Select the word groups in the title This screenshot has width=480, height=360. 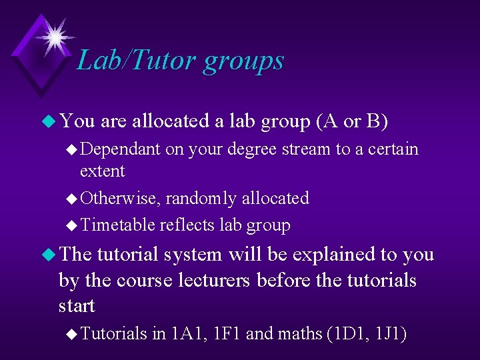click(244, 61)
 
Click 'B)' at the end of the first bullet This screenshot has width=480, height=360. click(377, 121)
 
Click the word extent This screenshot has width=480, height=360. click(102, 171)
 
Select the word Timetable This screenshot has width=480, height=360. click(117, 225)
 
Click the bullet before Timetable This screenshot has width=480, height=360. click(72, 226)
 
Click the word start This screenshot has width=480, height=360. click(77, 306)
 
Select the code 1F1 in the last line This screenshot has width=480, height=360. click(225, 333)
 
